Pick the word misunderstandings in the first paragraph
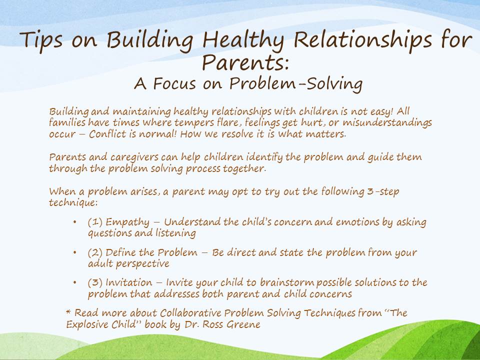tap(382, 122)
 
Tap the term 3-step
tap(385, 191)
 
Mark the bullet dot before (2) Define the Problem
tap(74, 253)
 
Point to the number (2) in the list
tap(94, 253)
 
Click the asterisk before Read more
tap(68, 312)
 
